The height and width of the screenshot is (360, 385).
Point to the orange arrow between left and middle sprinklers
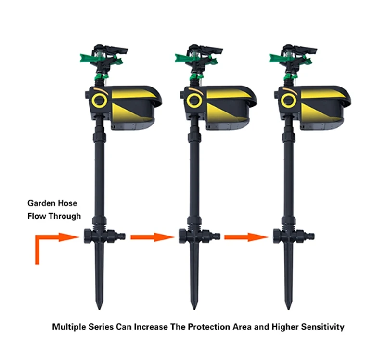(x=152, y=237)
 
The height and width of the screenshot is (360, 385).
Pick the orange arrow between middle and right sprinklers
(x=246, y=237)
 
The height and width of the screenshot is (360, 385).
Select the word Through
(x=64, y=216)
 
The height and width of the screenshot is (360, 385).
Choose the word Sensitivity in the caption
(x=322, y=327)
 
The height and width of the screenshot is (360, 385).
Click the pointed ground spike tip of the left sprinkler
(x=99, y=310)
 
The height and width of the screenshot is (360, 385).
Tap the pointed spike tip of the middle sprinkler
(x=194, y=310)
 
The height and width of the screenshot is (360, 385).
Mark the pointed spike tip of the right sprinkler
(x=288, y=310)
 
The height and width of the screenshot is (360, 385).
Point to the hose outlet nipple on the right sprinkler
(x=310, y=236)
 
